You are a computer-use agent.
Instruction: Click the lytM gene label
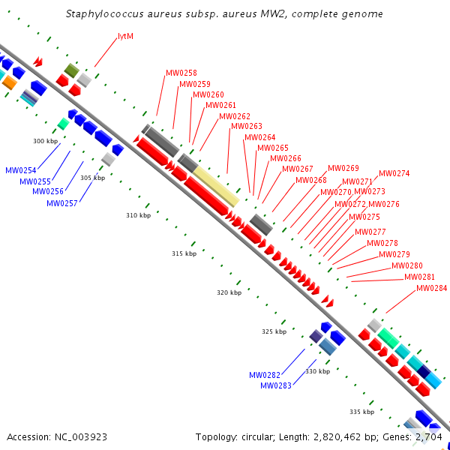[126, 37]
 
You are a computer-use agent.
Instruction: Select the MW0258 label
[181, 73]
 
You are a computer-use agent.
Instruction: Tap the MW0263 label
[247, 126]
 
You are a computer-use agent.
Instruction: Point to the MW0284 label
[432, 288]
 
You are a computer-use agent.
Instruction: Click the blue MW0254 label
[21, 170]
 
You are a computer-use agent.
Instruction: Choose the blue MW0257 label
[62, 203]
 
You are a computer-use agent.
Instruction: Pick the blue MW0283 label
[276, 385]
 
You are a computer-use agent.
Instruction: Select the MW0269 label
[343, 168]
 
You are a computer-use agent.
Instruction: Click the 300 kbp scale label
[45, 141]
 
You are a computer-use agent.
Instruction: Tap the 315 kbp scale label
[184, 253]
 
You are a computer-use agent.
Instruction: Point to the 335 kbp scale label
[362, 412]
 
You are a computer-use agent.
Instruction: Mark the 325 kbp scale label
[274, 331]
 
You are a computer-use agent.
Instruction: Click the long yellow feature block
[216, 187]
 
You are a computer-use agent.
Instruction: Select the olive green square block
[71, 70]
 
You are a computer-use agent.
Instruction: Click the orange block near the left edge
[10, 82]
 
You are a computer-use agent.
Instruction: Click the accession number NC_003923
[81, 437]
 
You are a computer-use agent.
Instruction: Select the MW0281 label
[419, 277]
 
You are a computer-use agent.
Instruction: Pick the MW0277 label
[370, 232]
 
